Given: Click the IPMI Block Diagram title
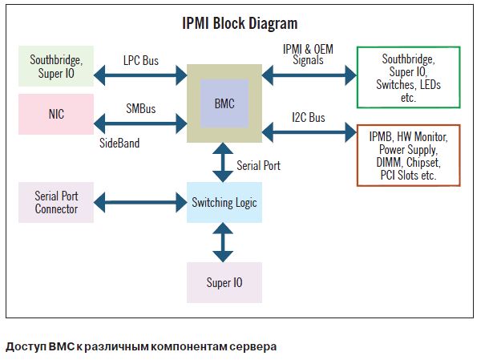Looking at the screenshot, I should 240,22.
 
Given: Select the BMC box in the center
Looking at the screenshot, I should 224,103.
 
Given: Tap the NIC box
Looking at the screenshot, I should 56,114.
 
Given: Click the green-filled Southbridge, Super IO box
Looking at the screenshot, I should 56,67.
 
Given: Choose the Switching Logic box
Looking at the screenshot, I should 224,203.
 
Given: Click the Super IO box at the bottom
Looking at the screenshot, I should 224,282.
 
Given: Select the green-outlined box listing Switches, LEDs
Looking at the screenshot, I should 409,76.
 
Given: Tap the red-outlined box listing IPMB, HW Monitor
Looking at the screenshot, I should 409,155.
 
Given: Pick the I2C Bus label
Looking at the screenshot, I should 308,118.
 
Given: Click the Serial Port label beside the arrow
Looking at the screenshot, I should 258,166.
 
